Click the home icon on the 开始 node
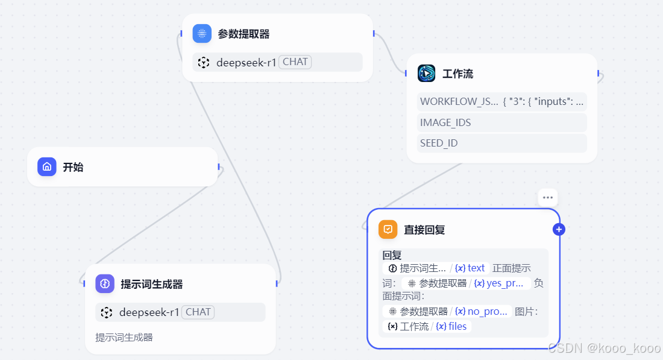pos(47,167)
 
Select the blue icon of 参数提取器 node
pos(202,33)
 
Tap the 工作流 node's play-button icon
pos(426,74)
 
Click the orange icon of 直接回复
pos(388,229)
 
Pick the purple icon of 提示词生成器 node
pos(105,283)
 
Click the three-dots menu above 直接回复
pos(547,198)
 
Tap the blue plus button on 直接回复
pos(559,229)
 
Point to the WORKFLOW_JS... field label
pos(459,101)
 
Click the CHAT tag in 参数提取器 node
pos(295,62)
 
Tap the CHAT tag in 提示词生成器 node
pos(198,312)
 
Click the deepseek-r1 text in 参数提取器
pos(247,62)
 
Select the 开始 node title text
pos(73,167)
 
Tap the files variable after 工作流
pos(457,326)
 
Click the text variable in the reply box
pos(476,268)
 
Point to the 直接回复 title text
pos(424,230)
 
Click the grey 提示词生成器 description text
pos(124,337)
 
